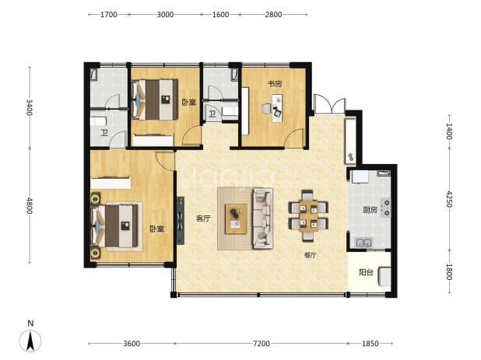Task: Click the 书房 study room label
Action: coord(275,84)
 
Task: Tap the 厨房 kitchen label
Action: coord(370,210)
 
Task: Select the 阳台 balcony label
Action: coord(366,272)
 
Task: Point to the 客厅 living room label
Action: coord(203,218)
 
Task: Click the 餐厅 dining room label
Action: coord(310,255)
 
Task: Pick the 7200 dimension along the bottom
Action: coord(261,344)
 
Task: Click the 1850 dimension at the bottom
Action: coord(370,344)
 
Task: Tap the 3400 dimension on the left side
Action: coord(29,107)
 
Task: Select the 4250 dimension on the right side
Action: coord(449,199)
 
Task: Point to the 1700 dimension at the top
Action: coord(109,15)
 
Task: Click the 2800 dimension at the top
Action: coord(273,15)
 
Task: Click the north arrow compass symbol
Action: coord(30,341)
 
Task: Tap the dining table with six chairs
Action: coord(308,215)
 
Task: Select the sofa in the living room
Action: coord(262,218)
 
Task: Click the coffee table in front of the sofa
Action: coord(236,218)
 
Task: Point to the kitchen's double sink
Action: coord(363,243)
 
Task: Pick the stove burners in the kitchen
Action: coord(385,208)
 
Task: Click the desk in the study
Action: coord(277,108)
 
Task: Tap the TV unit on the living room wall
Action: coord(181,220)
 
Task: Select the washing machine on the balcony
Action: coord(384,276)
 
